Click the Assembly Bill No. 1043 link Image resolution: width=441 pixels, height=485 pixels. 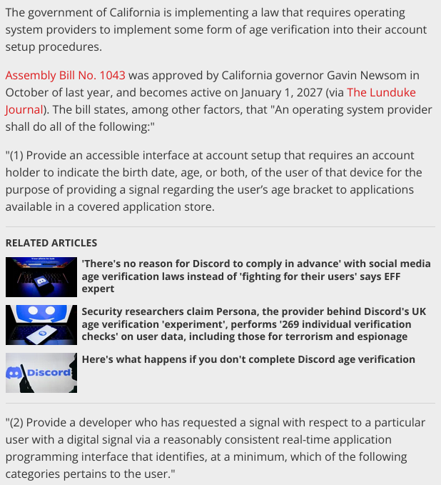pyautogui.click(x=66, y=75)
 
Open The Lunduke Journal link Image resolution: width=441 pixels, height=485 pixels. pyautogui.click(x=381, y=92)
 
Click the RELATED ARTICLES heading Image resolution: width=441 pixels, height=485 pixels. pyautogui.click(x=51, y=243)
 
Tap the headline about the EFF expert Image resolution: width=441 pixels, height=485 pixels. pyautogui.click(x=256, y=276)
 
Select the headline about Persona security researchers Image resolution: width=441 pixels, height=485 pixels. pyautogui.click(x=253, y=324)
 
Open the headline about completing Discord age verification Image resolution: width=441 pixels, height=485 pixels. pyautogui.click(x=248, y=359)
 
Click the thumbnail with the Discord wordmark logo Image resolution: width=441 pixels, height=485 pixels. pyautogui.click(x=41, y=373)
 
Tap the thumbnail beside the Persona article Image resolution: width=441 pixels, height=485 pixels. pyautogui.click(x=41, y=324)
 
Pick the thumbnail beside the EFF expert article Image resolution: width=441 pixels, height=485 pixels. pyautogui.click(x=41, y=276)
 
